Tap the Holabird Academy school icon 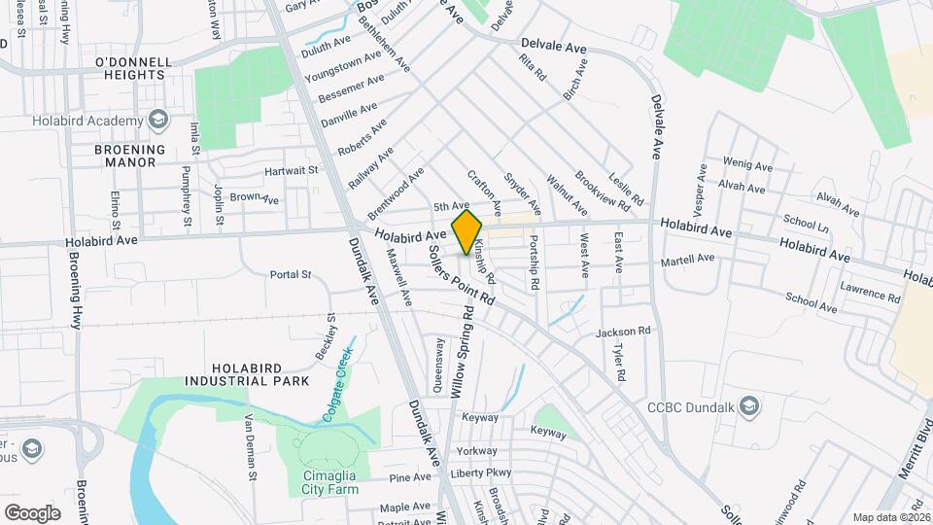[x=157, y=121]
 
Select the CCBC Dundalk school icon [x=748, y=405]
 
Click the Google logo [x=32, y=512]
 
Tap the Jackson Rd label [x=623, y=332]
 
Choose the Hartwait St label [x=293, y=170]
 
